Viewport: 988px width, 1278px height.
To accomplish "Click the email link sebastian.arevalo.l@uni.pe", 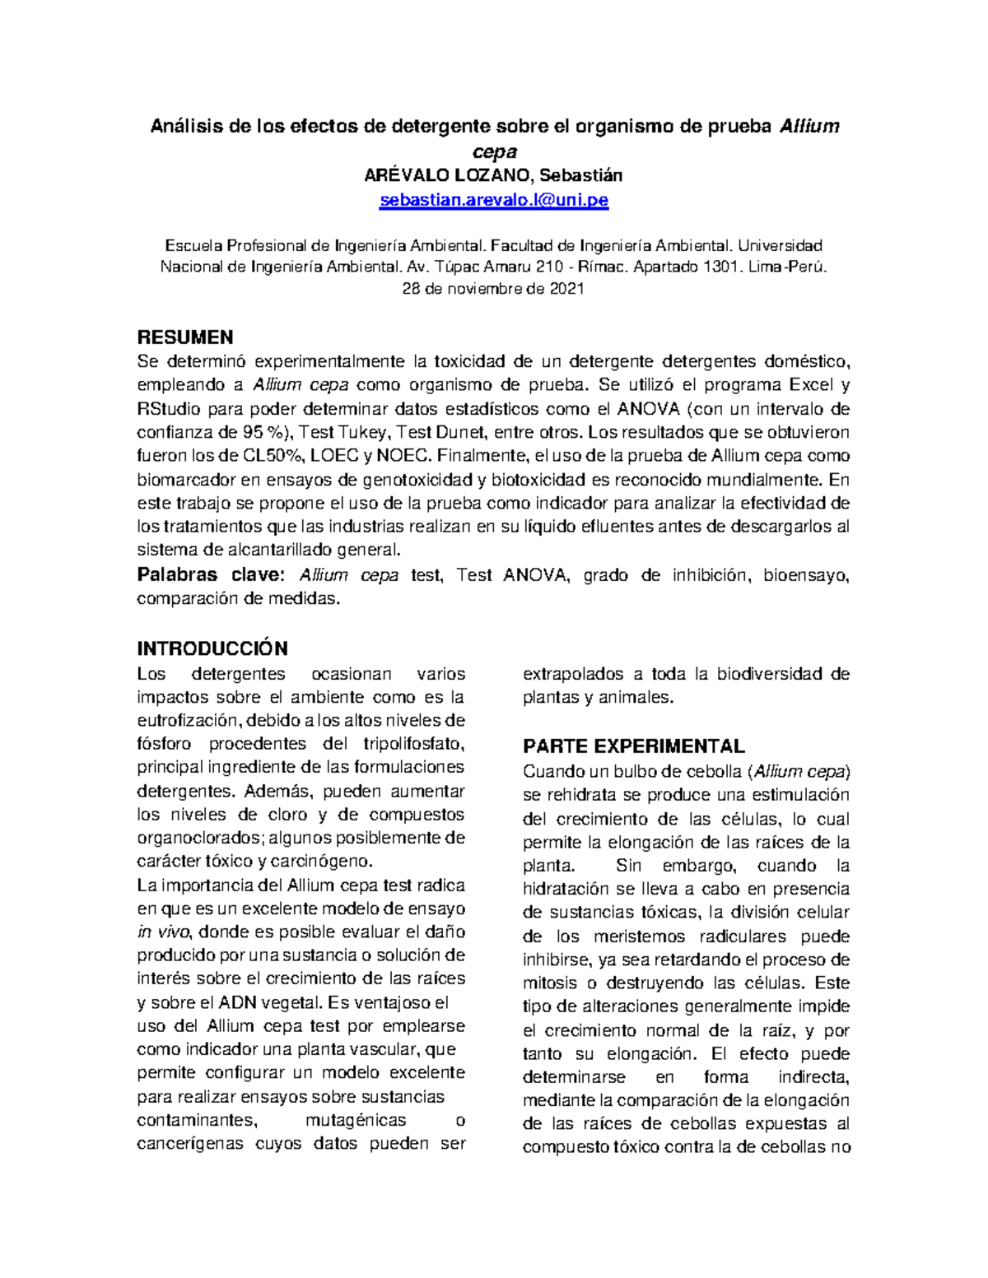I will pyautogui.click(x=493, y=200).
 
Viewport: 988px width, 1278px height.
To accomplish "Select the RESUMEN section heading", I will pyautogui.click(x=184, y=337).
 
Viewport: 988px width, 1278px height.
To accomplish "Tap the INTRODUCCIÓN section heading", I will pyautogui.click(x=212, y=648).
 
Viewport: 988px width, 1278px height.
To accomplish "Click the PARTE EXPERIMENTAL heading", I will pyautogui.click(x=633, y=746).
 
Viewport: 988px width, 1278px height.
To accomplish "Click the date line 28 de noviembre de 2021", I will pyautogui.click(x=493, y=289).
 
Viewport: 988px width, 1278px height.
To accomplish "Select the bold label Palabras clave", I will pyautogui.click(x=210, y=574).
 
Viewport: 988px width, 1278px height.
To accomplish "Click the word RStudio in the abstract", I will pyautogui.click(x=169, y=408).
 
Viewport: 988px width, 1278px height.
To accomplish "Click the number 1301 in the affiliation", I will pyautogui.click(x=719, y=267).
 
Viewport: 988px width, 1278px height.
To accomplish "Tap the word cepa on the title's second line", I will pyautogui.click(x=494, y=151).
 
